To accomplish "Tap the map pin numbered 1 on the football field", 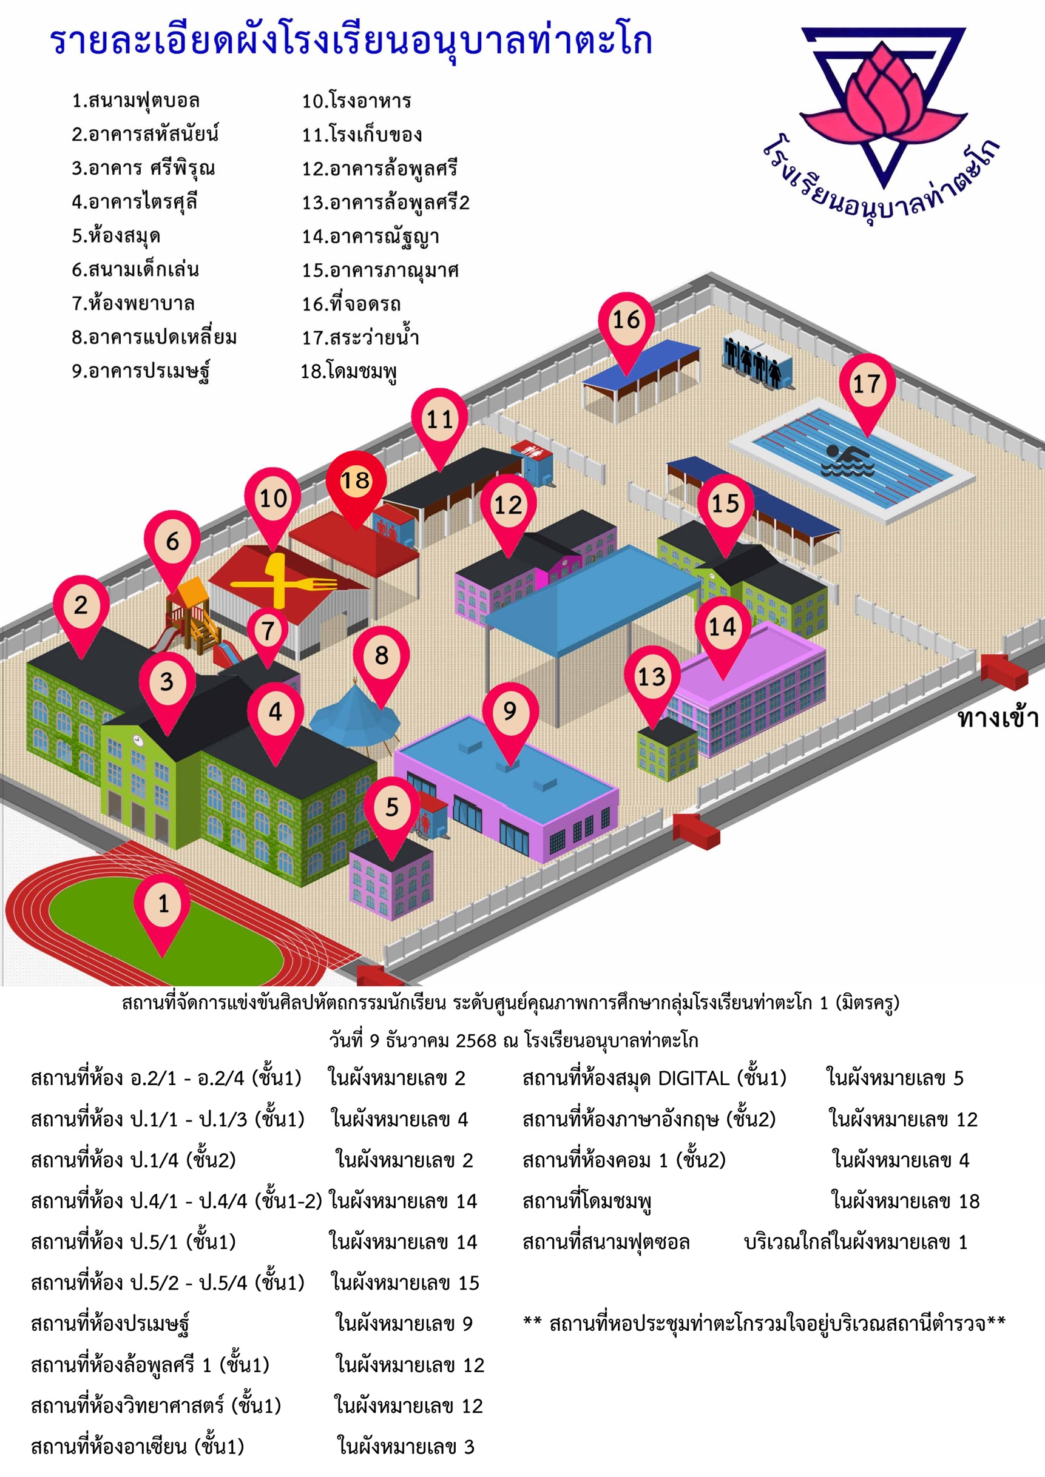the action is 162,912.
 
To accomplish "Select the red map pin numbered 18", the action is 356,489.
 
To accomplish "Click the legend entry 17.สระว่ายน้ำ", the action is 360,337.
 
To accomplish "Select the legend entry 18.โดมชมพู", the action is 349,371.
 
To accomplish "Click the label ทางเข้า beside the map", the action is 998,718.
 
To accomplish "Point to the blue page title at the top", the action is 351,42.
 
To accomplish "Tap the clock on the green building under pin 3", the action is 138,739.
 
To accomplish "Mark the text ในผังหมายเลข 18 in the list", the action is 905,1200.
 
